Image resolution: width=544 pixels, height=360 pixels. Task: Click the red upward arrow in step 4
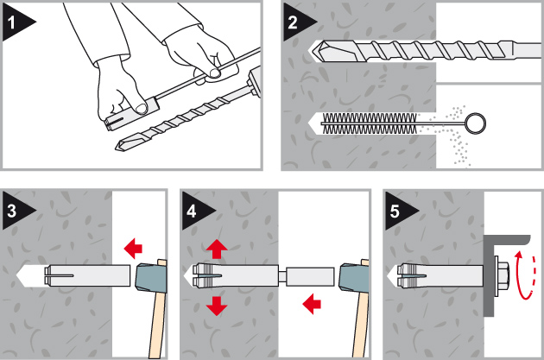[215, 250]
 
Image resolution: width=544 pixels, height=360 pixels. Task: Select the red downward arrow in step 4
[215, 305]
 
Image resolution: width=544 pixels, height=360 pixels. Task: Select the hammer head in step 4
[351, 277]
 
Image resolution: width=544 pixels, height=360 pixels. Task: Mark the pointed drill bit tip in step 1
[121, 147]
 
